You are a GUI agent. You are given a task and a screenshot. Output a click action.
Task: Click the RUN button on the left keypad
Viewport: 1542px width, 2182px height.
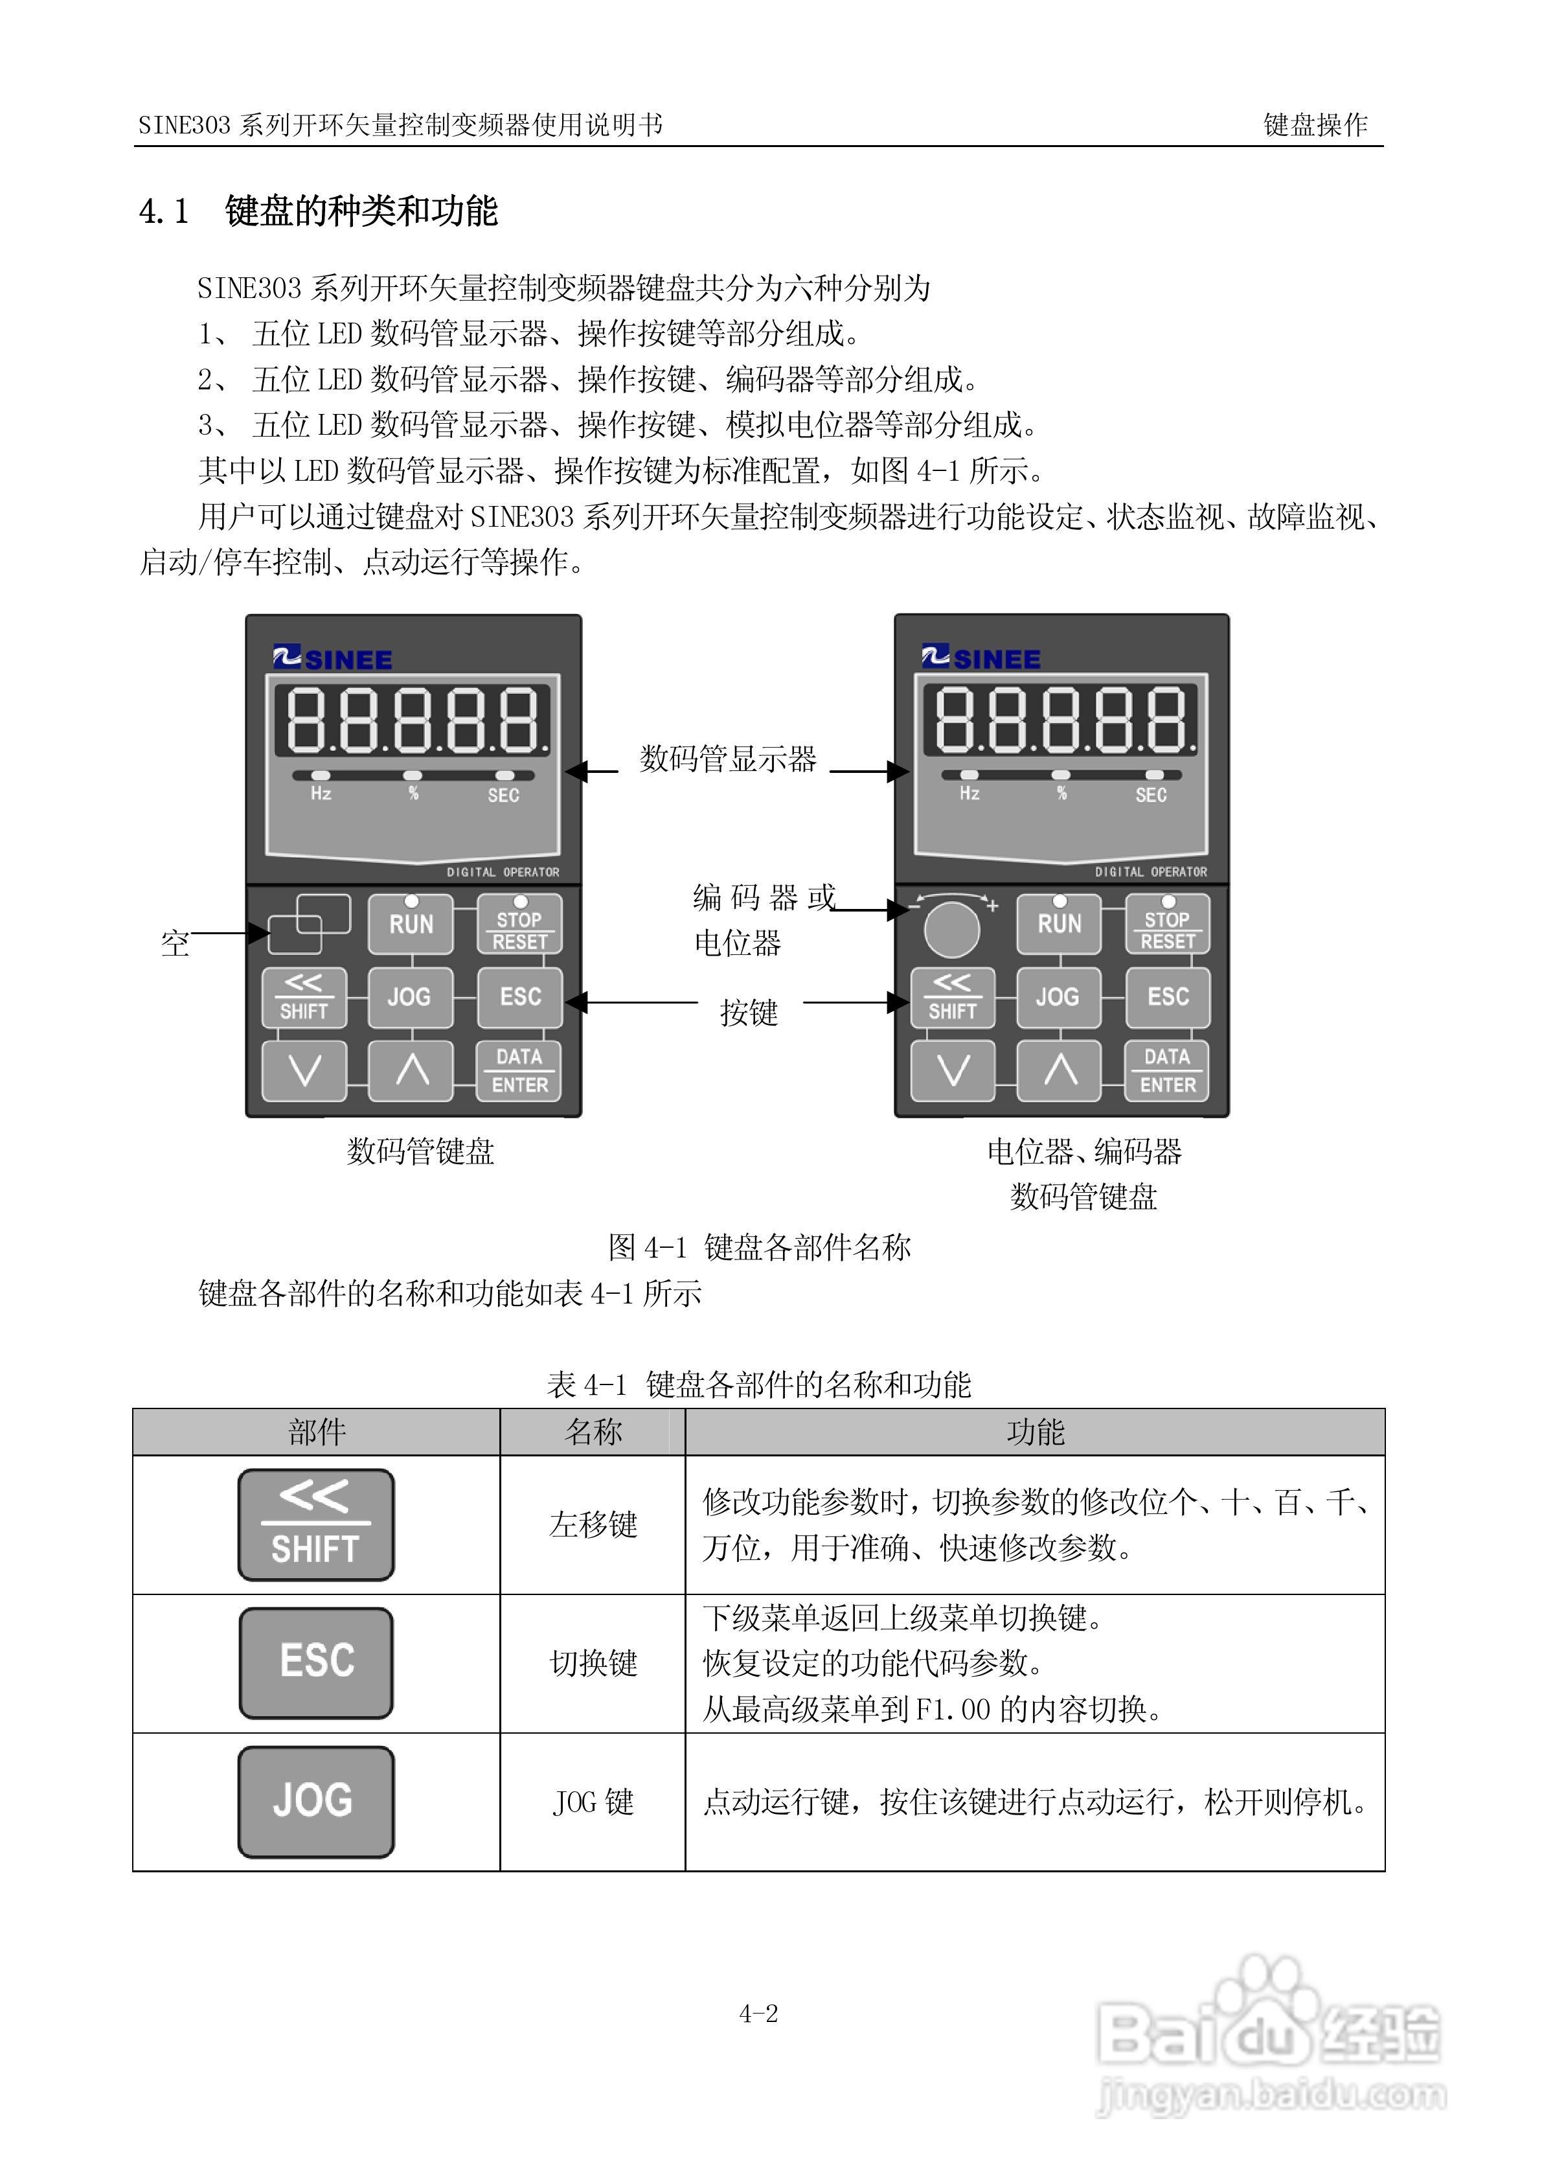pyautogui.click(x=411, y=924)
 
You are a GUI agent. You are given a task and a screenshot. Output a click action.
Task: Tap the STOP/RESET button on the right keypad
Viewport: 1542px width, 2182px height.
pyautogui.click(x=1167, y=928)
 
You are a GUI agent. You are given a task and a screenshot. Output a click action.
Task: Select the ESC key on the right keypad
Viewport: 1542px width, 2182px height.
pyautogui.click(x=1168, y=997)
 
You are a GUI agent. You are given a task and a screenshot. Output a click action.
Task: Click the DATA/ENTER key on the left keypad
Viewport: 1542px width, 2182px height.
pyautogui.click(x=519, y=1071)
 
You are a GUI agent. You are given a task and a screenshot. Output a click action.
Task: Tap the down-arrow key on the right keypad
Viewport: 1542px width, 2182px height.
pyautogui.click(x=952, y=1071)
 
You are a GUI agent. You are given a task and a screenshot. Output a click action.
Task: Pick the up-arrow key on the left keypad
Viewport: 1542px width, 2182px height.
pyautogui.click(x=411, y=1071)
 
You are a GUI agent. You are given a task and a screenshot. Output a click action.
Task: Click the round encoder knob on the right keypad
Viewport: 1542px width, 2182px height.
pyautogui.click(x=951, y=930)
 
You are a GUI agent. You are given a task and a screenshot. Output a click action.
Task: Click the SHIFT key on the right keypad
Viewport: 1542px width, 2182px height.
pyautogui.click(x=952, y=997)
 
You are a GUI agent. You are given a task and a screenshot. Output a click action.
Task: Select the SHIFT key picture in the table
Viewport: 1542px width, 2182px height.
pyautogui.click(x=315, y=1525)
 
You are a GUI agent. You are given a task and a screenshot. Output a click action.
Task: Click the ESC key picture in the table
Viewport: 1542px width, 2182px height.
pyautogui.click(x=315, y=1663)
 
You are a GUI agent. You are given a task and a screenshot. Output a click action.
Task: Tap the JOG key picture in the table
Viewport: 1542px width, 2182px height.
pyautogui.click(x=315, y=1801)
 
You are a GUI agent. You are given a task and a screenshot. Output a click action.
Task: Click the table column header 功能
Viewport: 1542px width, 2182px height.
pyautogui.click(x=1035, y=1432)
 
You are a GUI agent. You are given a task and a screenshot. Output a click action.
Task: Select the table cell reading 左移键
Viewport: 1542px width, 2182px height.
pyautogui.click(x=593, y=1525)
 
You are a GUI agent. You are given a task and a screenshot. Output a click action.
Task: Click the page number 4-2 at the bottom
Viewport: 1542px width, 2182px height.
pyautogui.click(x=758, y=2014)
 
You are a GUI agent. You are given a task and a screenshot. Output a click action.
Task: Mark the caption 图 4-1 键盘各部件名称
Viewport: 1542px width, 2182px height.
pyautogui.click(x=759, y=1247)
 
